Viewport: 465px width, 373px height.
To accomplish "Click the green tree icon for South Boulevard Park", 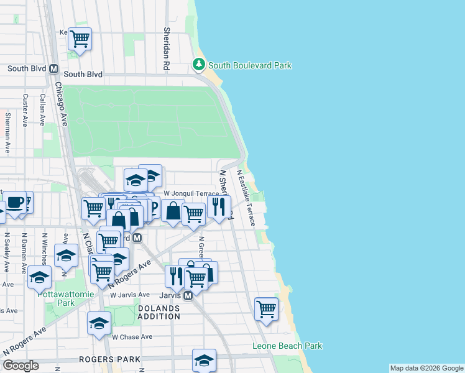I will (199, 65).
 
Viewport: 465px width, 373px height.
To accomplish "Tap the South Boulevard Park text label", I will (249, 65).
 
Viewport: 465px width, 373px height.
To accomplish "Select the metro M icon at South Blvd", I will (54, 69).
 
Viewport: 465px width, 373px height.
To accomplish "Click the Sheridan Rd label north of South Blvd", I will (167, 47).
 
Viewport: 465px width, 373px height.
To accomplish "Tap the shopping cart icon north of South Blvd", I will (80, 39).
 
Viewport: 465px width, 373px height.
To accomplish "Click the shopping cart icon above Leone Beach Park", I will (266, 308).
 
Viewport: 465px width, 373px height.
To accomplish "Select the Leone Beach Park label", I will (287, 346).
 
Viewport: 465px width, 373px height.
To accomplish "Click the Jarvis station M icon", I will (187, 295).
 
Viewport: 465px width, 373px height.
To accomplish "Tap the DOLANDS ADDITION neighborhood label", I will (159, 311).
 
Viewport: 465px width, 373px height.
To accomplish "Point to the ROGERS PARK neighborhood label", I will (104, 359).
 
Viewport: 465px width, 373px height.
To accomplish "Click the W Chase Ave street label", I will (132, 337).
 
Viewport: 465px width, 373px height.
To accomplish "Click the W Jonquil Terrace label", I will (191, 194).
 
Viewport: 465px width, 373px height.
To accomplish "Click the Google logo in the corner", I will (21, 366).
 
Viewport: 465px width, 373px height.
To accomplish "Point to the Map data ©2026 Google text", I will (426, 368).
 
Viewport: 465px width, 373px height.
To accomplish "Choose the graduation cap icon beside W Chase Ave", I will (99, 323).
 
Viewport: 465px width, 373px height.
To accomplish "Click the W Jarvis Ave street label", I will (130, 295).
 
